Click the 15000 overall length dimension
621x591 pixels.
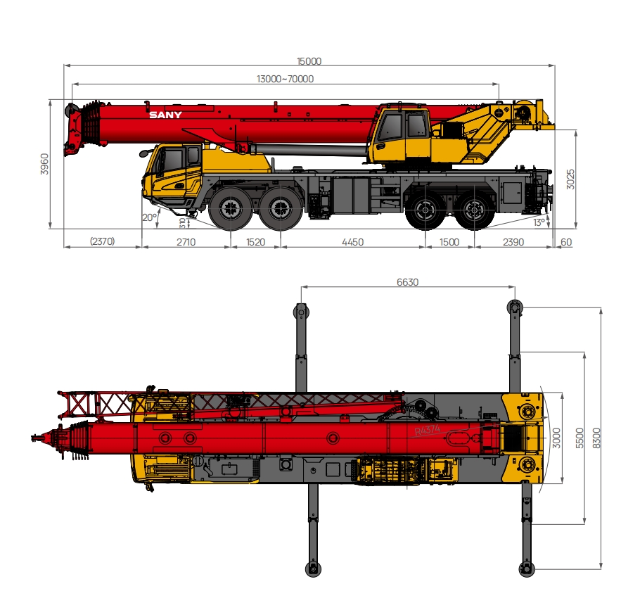[x=309, y=61]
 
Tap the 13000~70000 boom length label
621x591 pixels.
[x=285, y=80]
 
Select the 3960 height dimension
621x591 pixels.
[x=45, y=164]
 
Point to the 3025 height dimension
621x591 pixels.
[x=570, y=179]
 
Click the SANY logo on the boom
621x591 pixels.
[x=165, y=115]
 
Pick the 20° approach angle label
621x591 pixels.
[x=149, y=217]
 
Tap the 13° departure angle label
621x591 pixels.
[x=539, y=222]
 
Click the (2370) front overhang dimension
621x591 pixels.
[x=102, y=241]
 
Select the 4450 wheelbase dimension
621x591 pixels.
[x=352, y=242]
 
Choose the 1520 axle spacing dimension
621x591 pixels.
[x=255, y=242]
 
